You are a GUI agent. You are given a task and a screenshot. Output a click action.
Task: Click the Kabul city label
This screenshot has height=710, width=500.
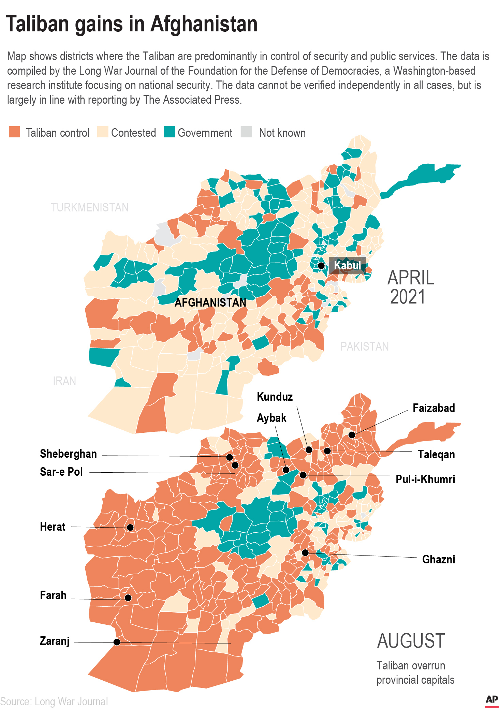(x=347, y=265)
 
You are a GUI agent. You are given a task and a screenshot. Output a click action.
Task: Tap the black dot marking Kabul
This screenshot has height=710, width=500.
(x=321, y=265)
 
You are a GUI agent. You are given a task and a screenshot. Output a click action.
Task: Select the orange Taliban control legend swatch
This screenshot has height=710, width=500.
(x=14, y=132)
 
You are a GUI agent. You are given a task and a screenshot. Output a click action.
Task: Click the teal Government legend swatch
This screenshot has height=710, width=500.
(x=169, y=132)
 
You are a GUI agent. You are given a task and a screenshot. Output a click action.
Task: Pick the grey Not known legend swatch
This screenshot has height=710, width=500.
(x=246, y=132)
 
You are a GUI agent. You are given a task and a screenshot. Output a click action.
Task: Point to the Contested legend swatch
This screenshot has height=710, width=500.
(x=102, y=132)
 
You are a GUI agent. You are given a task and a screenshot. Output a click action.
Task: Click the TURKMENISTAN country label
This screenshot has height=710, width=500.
(x=90, y=207)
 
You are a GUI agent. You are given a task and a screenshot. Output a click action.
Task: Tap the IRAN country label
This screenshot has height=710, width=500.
(x=64, y=381)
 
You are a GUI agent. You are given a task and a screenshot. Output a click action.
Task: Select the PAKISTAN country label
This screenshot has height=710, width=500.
(x=364, y=346)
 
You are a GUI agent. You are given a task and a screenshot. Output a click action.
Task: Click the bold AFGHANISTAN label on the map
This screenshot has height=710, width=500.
(x=210, y=302)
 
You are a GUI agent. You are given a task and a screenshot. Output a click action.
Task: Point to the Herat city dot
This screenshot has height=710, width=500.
(x=130, y=528)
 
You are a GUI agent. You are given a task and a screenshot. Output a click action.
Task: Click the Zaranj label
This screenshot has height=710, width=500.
(x=55, y=641)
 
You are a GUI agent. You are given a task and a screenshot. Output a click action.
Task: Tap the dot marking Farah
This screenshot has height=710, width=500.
(x=128, y=597)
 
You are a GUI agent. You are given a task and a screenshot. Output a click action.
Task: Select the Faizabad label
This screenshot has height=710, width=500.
(x=433, y=408)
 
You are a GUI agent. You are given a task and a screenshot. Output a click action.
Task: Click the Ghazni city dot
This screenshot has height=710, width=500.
(x=305, y=552)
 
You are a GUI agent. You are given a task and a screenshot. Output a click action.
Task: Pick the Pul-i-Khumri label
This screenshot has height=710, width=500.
(x=425, y=479)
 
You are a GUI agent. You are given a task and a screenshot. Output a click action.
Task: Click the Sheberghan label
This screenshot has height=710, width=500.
(x=68, y=454)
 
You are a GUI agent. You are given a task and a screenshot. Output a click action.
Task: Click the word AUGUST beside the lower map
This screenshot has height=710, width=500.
(x=411, y=641)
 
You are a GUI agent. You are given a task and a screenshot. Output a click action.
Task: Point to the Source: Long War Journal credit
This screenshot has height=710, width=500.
(x=54, y=701)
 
